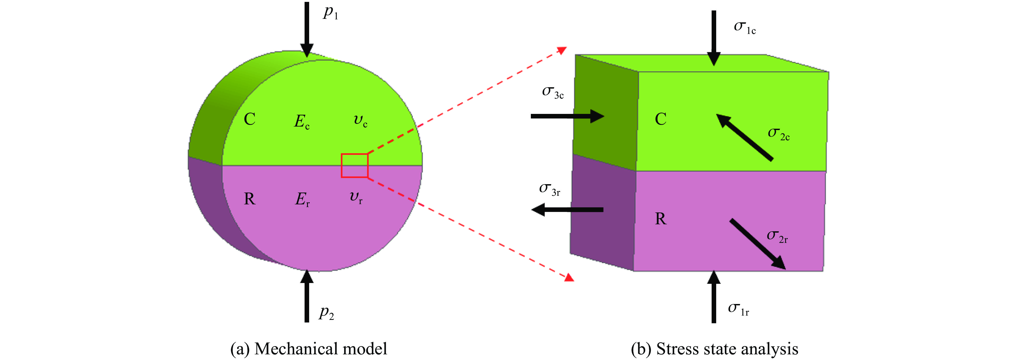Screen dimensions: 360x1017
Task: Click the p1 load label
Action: click(x=330, y=13)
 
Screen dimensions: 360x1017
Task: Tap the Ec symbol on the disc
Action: click(x=302, y=121)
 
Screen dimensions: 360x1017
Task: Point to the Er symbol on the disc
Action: click(x=302, y=199)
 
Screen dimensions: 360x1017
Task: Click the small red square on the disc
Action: click(x=355, y=166)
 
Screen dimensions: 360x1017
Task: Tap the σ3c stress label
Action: click(x=553, y=92)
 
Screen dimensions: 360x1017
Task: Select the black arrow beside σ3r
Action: click(x=567, y=209)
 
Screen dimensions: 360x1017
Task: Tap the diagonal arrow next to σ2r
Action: click(x=757, y=244)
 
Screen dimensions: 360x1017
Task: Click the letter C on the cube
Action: click(x=661, y=119)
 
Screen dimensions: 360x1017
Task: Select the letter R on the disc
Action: click(x=249, y=199)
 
